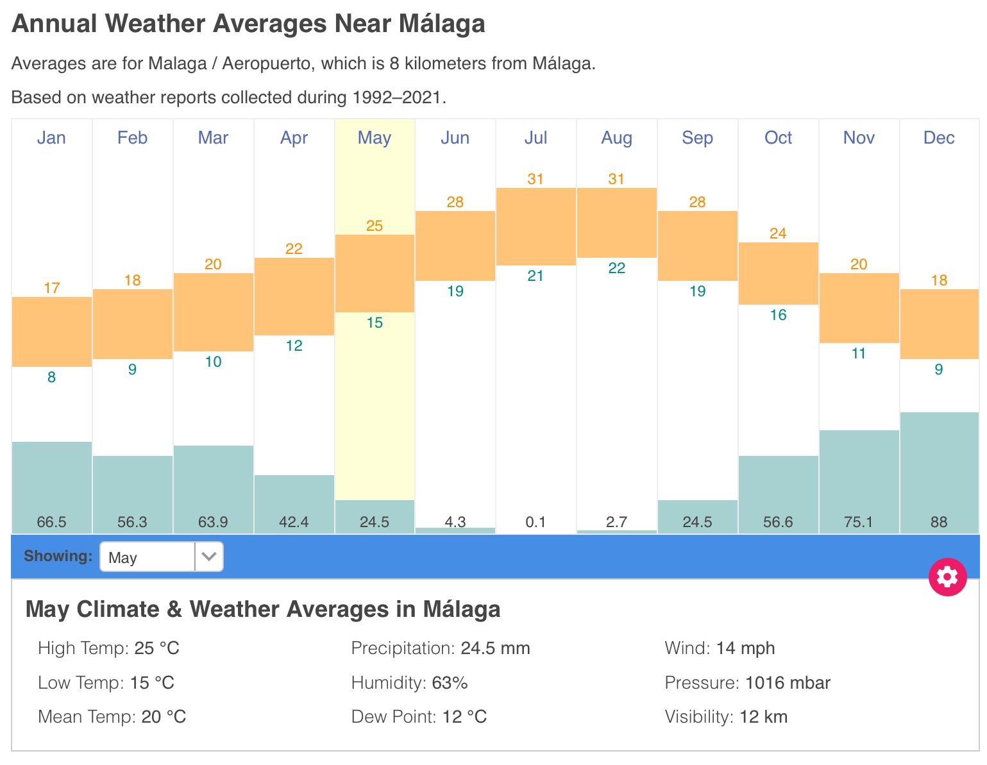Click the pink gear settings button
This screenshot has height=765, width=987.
tap(947, 577)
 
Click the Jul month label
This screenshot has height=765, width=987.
tap(536, 138)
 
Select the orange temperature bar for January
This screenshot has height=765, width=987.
tap(52, 332)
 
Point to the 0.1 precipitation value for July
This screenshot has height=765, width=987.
tap(536, 522)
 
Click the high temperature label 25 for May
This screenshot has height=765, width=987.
tap(375, 226)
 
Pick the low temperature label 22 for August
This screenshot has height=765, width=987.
tap(616, 268)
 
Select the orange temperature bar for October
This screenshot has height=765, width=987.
tap(778, 273)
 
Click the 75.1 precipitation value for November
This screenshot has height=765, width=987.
tap(858, 522)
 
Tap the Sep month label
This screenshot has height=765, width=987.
tap(697, 138)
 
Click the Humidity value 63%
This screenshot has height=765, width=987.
tap(450, 683)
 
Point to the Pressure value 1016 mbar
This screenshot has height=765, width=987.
tap(788, 683)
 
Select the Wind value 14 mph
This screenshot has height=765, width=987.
tap(745, 648)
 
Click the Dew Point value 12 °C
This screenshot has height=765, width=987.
tap(464, 717)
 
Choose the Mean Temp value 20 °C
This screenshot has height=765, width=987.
tap(164, 717)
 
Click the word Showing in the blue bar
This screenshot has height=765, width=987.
tap(58, 556)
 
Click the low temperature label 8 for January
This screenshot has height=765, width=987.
tap(52, 377)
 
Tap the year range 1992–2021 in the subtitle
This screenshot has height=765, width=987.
tap(397, 97)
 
